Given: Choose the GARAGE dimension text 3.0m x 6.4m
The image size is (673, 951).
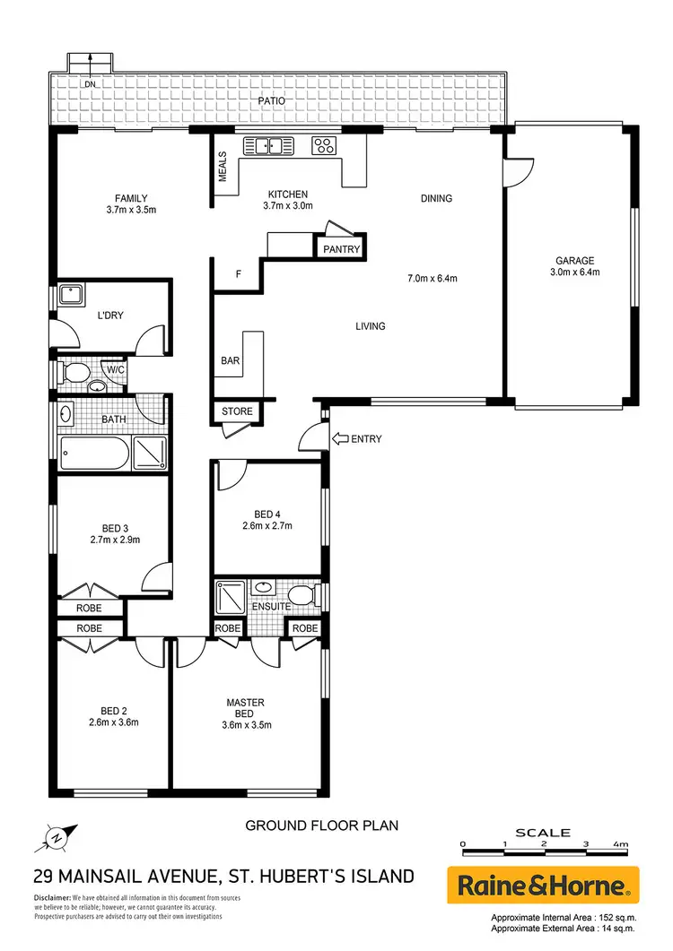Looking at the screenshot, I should pos(574,272).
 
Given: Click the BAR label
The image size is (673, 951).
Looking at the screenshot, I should pos(230,360).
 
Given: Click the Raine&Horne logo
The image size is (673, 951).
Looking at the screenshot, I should pos(543,886).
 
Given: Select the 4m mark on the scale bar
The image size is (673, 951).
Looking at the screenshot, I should pos(620,844).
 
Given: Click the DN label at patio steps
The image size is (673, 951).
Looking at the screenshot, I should pos(90,85).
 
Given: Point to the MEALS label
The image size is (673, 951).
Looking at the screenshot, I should pos(223,166).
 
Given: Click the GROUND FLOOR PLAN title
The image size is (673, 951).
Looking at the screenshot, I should pos(321,825).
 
